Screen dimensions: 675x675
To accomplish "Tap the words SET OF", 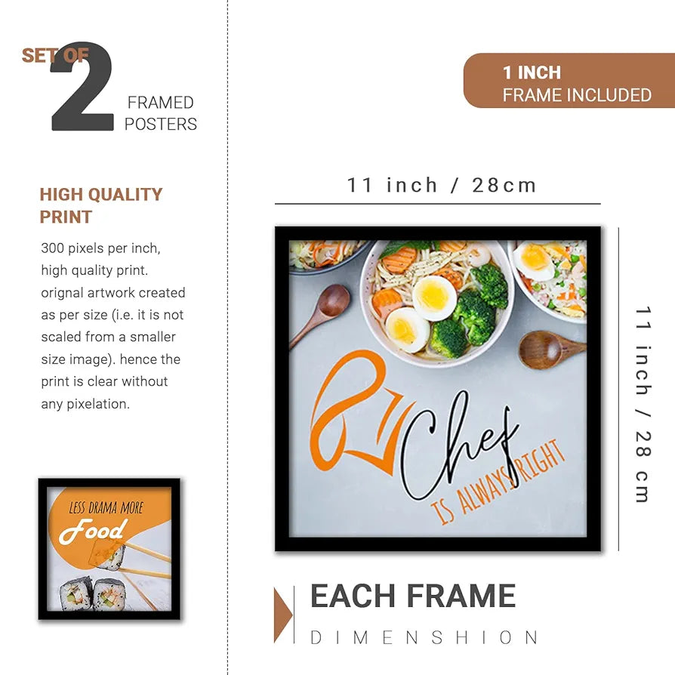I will click(54, 55).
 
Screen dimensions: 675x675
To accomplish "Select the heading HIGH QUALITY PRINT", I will click(100, 205).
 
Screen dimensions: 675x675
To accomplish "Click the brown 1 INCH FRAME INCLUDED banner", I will click(569, 81).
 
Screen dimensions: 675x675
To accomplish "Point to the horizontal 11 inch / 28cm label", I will click(442, 185).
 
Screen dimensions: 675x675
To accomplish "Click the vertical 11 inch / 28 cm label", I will click(643, 404).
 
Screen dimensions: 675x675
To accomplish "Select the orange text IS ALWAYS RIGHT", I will click(499, 483).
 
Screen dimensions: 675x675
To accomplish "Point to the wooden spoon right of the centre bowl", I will click(550, 349).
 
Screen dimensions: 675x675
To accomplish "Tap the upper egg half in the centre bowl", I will click(433, 297).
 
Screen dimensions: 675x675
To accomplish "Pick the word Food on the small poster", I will click(92, 532).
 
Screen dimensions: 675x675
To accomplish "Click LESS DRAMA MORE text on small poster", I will click(106, 507).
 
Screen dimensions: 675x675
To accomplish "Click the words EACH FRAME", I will click(413, 596).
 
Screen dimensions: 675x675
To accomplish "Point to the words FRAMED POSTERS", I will click(160, 113).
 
